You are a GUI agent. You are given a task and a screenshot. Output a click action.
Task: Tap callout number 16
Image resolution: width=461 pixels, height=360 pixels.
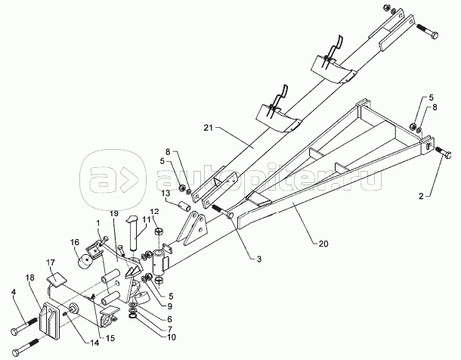76,243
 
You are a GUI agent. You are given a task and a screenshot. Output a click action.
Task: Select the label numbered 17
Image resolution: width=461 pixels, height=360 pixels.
51,264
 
